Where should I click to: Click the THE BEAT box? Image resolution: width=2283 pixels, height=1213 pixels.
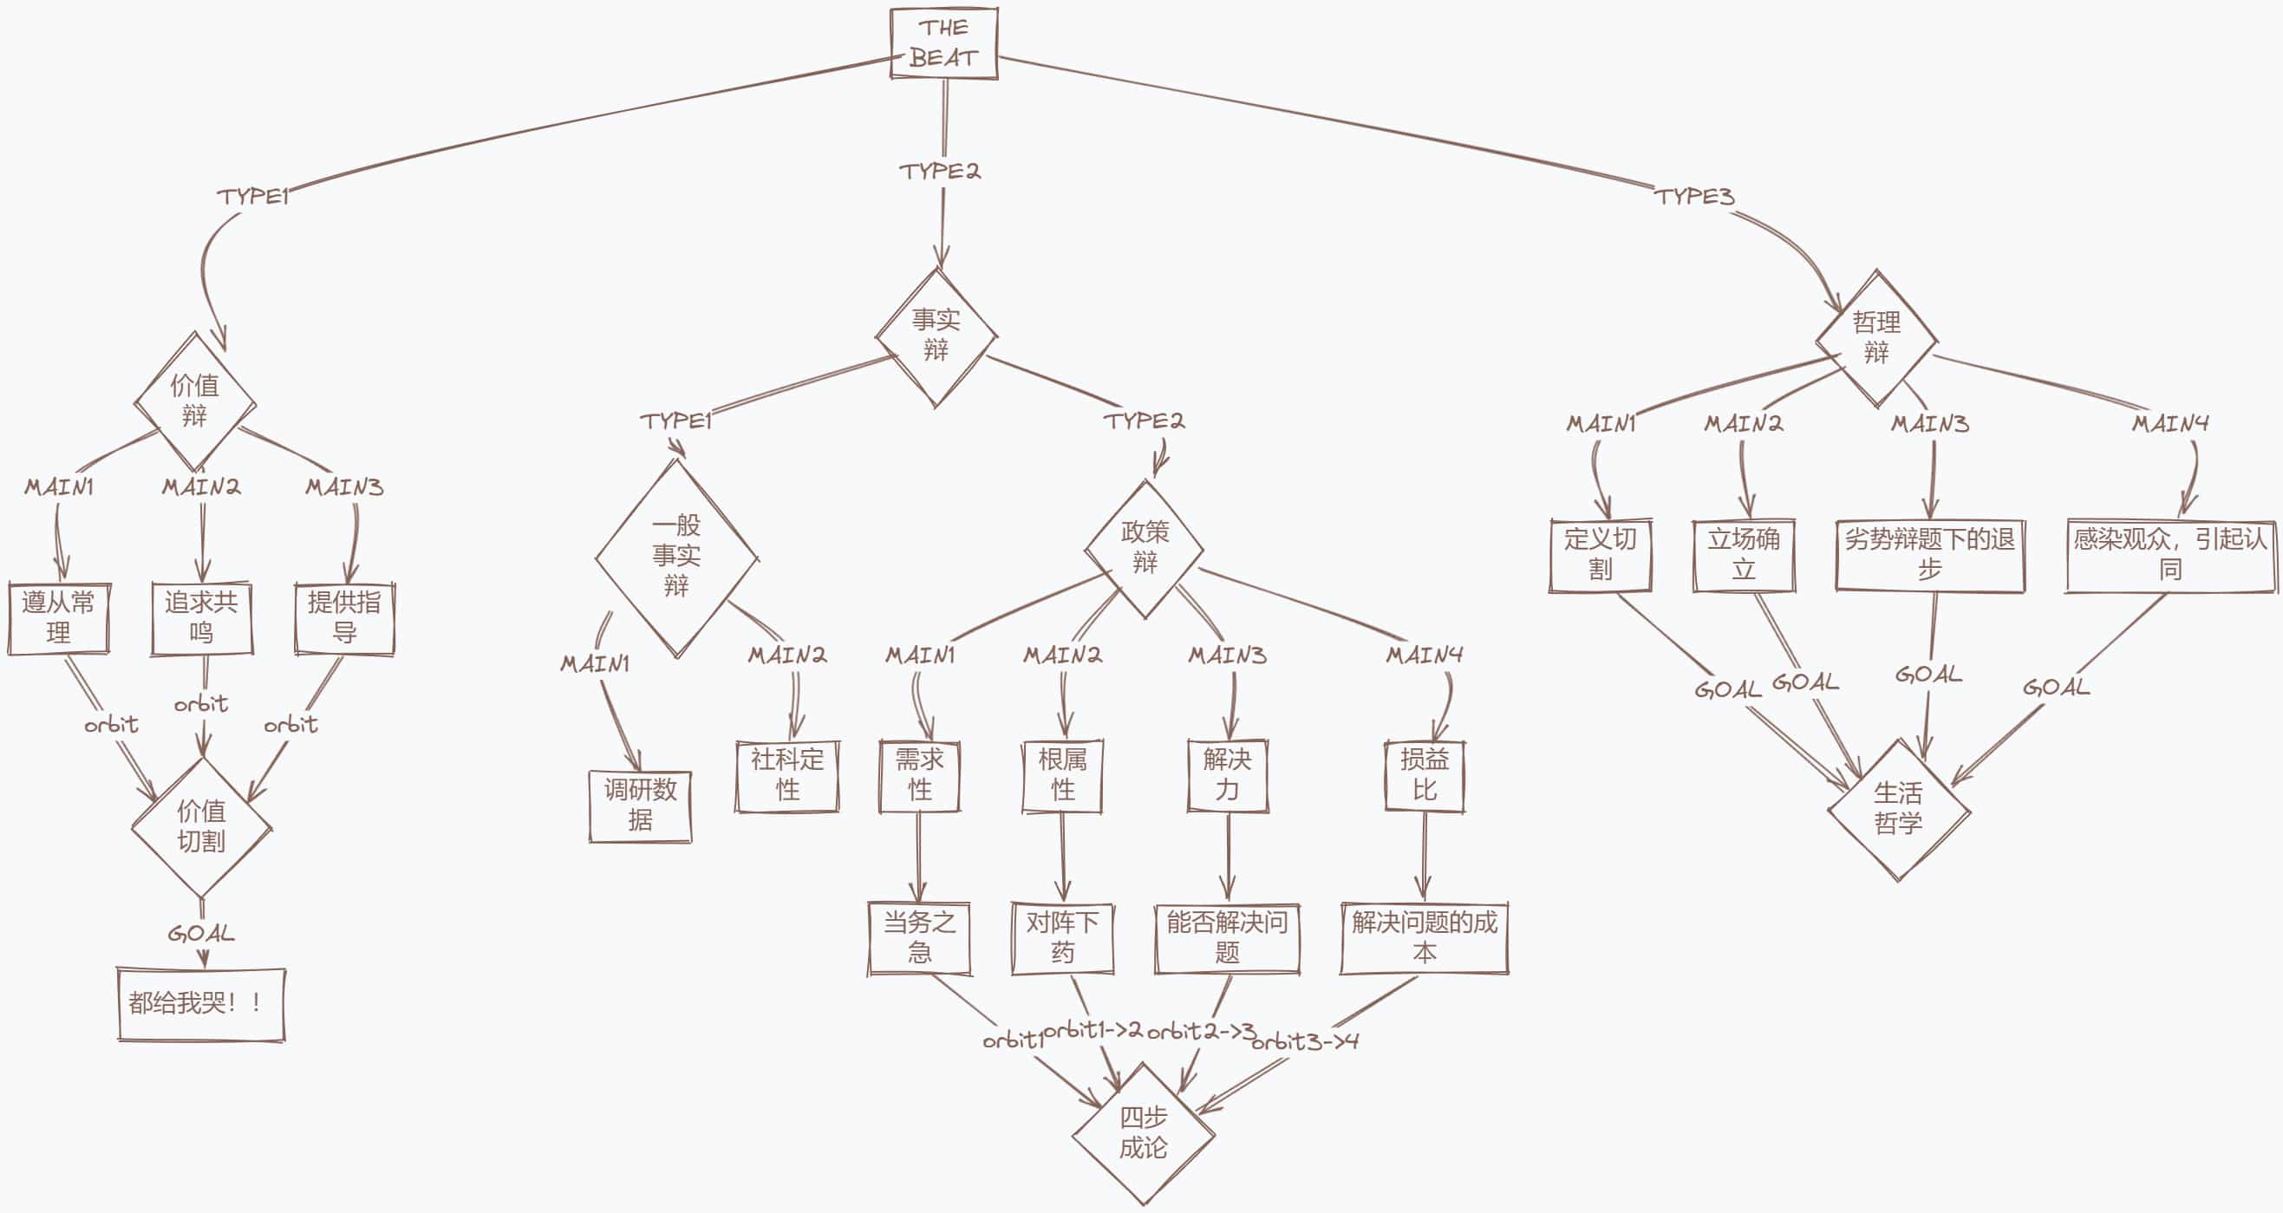coord(944,43)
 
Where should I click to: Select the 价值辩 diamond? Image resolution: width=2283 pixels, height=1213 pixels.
coord(195,401)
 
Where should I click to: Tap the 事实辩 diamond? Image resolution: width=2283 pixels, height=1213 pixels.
coord(936,336)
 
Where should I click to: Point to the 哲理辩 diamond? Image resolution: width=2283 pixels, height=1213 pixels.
coord(1875,338)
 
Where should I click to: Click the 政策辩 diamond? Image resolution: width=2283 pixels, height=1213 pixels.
coord(1145,549)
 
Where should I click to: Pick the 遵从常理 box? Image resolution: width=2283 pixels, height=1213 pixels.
coord(58,618)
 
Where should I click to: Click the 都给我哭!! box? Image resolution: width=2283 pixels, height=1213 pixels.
coord(201,1004)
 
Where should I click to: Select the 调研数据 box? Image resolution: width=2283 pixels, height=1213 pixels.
coord(640,805)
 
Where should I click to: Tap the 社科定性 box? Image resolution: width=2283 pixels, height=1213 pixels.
coord(787,775)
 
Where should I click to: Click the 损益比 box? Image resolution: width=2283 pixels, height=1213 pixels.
coord(1425,775)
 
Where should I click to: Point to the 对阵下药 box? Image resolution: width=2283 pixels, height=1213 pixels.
coord(1062,938)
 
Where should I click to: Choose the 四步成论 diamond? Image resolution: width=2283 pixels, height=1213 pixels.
coord(1143,1133)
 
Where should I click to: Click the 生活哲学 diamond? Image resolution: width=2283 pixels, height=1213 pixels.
coord(1897,809)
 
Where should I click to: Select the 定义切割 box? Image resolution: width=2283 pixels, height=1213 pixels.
coord(1600,555)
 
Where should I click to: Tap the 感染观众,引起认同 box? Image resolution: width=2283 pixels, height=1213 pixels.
coord(2169,555)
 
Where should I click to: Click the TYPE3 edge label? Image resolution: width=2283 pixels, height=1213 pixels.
coord(1693,197)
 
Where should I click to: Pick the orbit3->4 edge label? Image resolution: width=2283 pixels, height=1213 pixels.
coord(1305,1042)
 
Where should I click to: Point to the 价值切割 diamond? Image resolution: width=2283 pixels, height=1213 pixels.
coord(201,826)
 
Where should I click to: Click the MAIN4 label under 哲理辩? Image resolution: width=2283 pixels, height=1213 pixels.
coord(2169,423)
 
